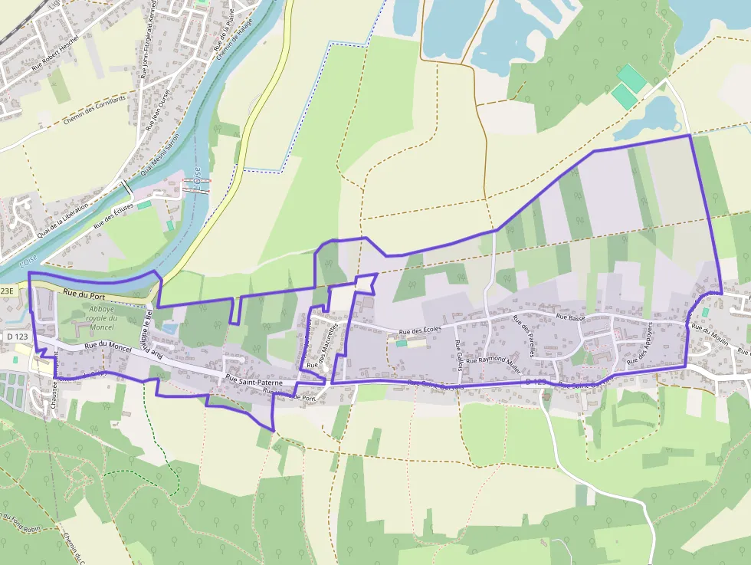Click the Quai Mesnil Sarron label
click(x=162, y=149)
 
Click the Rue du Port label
click(x=84, y=294)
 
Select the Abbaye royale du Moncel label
click(x=100, y=318)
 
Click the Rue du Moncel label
click(x=107, y=347)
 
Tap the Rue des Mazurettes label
click(x=322, y=347)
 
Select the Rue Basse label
click(x=571, y=316)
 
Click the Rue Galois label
click(x=457, y=355)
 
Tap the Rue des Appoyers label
click(x=638, y=343)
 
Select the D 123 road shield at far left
click(x=16, y=337)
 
